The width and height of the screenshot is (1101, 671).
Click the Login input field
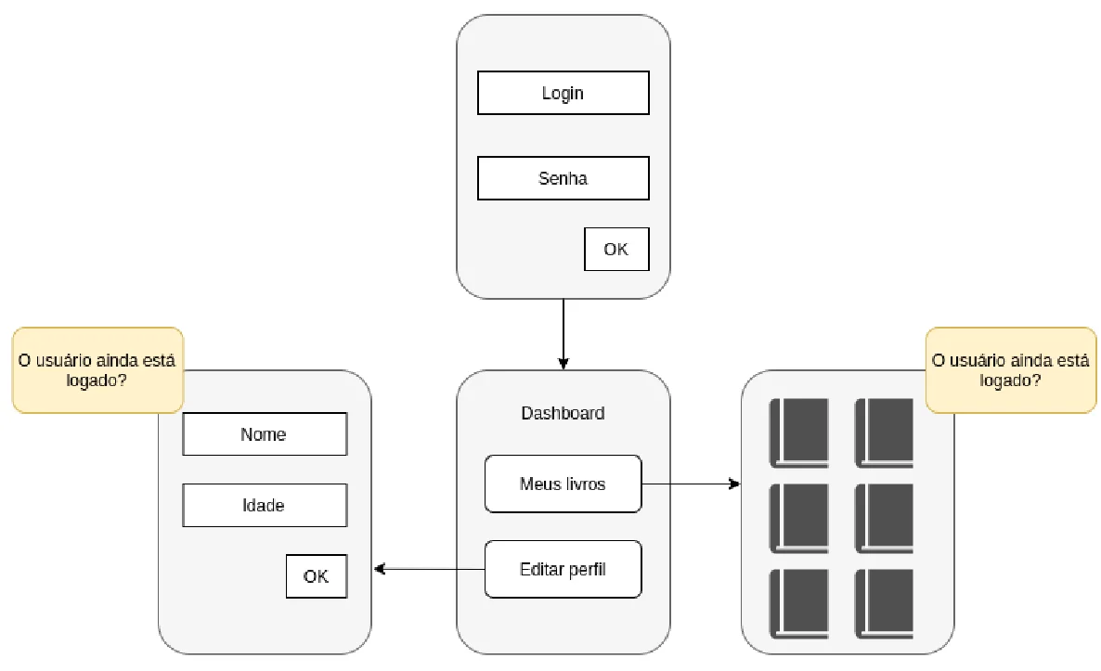563,93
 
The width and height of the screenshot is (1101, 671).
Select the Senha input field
563,178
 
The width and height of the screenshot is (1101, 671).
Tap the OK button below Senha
616,249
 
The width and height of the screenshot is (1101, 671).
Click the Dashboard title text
563,413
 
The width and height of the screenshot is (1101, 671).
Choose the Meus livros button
563,484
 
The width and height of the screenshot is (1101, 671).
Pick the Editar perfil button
563,569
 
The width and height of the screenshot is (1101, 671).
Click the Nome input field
265,433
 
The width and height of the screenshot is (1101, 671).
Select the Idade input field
265,506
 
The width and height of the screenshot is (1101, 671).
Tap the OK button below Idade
317,576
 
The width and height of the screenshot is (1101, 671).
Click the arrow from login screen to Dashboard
563,334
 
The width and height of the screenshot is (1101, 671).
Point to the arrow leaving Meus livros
692,484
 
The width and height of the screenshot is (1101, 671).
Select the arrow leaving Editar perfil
429,569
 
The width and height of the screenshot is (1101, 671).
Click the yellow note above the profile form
97,370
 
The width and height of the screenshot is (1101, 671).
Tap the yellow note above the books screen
1011,370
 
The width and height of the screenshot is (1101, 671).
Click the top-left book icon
799,433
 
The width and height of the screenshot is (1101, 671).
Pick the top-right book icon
884,433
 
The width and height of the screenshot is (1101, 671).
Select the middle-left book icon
799,519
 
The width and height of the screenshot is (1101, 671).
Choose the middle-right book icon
884,519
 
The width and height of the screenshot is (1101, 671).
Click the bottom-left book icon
799,604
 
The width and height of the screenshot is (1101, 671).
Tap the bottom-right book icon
884,604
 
